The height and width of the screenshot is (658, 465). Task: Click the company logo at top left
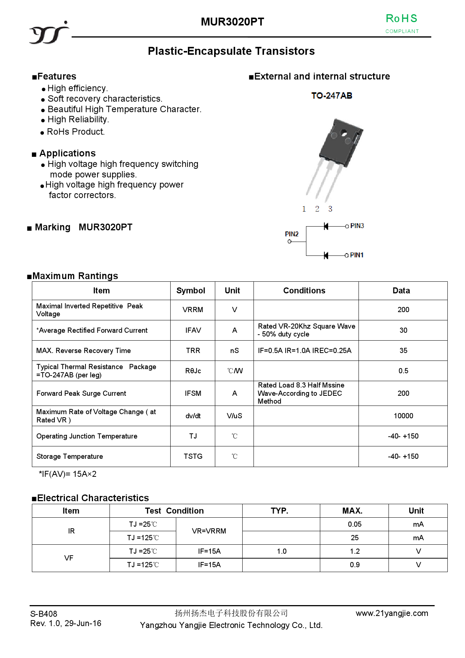pyautogui.click(x=49, y=33)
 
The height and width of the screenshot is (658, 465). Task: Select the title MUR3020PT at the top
pyautogui.click(x=232, y=22)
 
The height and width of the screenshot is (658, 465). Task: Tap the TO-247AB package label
pyautogui.click(x=331, y=96)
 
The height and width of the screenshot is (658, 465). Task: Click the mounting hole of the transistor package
pyautogui.click(x=343, y=133)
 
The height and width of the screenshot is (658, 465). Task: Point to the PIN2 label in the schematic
pyautogui.click(x=291, y=234)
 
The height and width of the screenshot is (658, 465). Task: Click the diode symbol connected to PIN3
pyautogui.click(x=326, y=226)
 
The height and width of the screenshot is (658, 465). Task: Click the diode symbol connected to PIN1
pyautogui.click(x=326, y=255)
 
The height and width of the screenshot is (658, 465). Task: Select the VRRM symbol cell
pyautogui.click(x=193, y=310)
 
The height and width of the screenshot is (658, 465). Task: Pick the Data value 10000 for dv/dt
pyautogui.click(x=403, y=416)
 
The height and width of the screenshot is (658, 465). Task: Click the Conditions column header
pyautogui.click(x=304, y=291)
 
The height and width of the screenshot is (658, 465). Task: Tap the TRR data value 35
pyautogui.click(x=403, y=350)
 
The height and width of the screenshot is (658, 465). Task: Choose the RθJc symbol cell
pyautogui.click(x=193, y=371)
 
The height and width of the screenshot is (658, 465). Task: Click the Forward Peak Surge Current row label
pyautogui.click(x=81, y=393)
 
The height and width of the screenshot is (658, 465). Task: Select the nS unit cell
pyautogui.click(x=234, y=350)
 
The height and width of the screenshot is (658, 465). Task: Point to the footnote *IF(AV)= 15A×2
pyautogui.click(x=67, y=474)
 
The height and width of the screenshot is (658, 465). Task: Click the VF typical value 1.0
pyautogui.click(x=282, y=551)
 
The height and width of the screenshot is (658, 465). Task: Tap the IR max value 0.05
pyautogui.click(x=354, y=524)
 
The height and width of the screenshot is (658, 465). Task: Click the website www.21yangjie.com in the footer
pyautogui.click(x=392, y=613)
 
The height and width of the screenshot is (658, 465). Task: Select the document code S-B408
pyautogui.click(x=44, y=614)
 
